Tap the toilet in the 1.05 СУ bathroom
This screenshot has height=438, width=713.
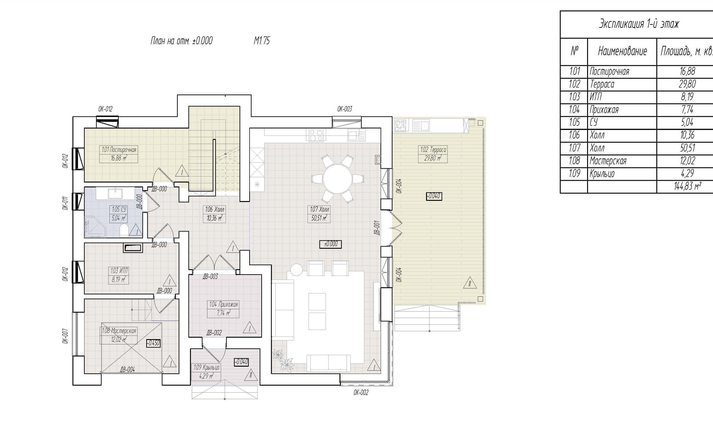124,230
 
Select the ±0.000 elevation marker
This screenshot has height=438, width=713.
330,244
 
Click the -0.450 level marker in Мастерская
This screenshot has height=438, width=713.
153,343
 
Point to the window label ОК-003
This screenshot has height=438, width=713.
344,109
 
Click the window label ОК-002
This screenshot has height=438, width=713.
361,393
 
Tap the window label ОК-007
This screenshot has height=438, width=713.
65,336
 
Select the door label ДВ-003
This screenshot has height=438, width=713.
210,276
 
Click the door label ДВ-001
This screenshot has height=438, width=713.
377,228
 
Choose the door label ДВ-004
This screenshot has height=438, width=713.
127,369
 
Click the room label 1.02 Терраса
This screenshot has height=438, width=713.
433,150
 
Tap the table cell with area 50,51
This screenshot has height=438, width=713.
687,148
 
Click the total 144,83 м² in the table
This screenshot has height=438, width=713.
687,186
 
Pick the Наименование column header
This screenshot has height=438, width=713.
622,51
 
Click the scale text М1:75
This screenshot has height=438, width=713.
262,41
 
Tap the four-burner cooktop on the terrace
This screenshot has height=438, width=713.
400,125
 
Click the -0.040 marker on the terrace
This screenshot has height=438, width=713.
434,196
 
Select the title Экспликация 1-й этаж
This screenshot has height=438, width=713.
639,24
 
